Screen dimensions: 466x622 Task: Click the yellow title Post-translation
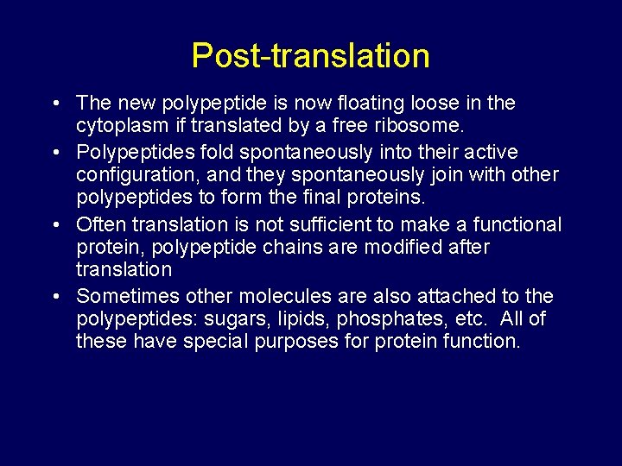[x=310, y=56]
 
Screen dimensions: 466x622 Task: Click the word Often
[x=98, y=225]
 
